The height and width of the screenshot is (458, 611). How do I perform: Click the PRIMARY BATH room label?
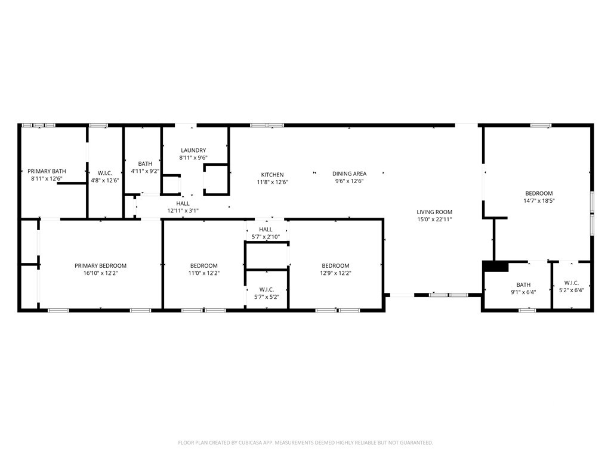[x=47, y=171]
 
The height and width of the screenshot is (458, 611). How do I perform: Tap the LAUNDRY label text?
[x=193, y=150]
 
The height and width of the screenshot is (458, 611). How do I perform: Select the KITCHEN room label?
[x=272, y=175]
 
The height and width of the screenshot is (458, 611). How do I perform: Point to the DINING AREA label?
[x=349, y=174]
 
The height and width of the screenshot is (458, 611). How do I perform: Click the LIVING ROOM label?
[x=434, y=212]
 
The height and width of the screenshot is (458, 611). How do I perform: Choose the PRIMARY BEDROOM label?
[x=100, y=265]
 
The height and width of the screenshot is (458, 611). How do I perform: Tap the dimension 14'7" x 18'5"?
[x=539, y=201]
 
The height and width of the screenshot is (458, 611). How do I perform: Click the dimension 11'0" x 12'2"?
[x=204, y=273]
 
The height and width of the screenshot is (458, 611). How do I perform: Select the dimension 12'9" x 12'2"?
[x=335, y=273]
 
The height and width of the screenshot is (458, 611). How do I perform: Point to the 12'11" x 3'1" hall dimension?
[x=183, y=211]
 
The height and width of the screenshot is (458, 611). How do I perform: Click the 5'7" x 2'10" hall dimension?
[x=266, y=237]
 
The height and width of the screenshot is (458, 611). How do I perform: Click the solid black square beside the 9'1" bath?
[x=495, y=267]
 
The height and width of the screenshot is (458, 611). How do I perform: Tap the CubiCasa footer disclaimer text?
[x=305, y=442]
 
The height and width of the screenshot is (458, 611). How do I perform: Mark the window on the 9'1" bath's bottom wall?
[x=527, y=310]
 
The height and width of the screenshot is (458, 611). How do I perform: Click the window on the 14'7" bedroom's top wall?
[x=541, y=125]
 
